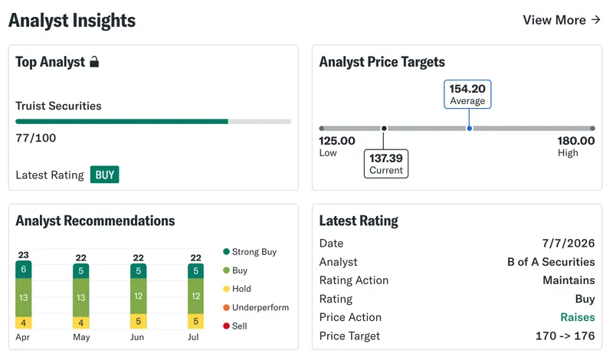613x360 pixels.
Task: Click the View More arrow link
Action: [x=562, y=20]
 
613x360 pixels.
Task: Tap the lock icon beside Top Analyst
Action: [x=94, y=62]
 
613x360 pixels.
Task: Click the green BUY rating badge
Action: [x=104, y=175]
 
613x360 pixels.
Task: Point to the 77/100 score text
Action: [x=35, y=138]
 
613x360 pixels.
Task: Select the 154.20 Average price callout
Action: [x=467, y=94]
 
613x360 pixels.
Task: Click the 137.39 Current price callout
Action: [x=386, y=164]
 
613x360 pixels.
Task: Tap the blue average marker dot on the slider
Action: [x=469, y=128]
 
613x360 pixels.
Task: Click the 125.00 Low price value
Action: [x=337, y=141]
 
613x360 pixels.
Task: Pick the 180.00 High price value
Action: [x=576, y=141]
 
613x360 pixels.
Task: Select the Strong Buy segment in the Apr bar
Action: [x=24, y=270]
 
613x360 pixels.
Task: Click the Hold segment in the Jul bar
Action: [x=195, y=321]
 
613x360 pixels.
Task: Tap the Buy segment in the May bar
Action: [x=81, y=297]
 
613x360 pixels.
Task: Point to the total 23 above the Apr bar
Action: [x=24, y=255]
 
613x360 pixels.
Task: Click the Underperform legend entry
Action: [x=256, y=308]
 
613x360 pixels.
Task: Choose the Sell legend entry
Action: [x=235, y=326]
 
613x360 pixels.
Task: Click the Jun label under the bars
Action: [x=137, y=337]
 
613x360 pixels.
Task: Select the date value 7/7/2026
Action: [x=568, y=243]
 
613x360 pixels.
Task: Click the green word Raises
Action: [x=578, y=317]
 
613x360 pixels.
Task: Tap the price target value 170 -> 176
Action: [x=565, y=335]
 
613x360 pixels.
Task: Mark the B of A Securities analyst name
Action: [x=551, y=262]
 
